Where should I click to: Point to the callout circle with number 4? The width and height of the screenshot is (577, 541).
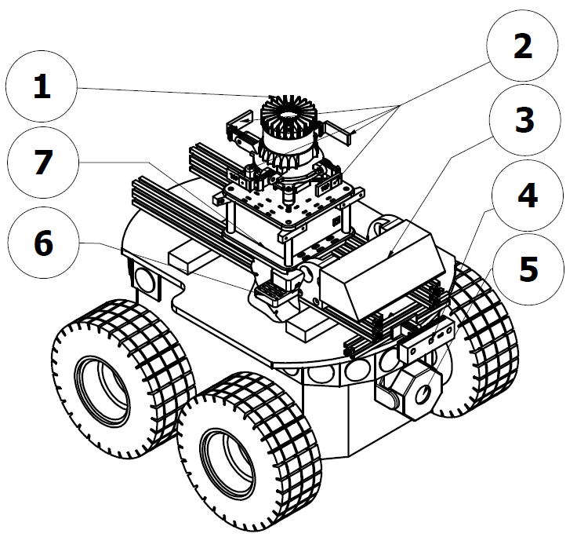(x=528, y=196)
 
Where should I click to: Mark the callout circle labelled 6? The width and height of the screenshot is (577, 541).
(x=43, y=243)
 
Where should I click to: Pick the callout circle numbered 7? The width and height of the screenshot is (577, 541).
(x=43, y=163)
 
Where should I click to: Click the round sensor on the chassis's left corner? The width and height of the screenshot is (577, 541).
(x=146, y=279)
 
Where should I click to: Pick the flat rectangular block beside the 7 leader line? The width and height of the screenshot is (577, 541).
(x=192, y=255)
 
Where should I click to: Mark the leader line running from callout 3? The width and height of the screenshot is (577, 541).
(x=439, y=196)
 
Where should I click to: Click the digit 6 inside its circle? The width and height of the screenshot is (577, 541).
(x=43, y=243)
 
